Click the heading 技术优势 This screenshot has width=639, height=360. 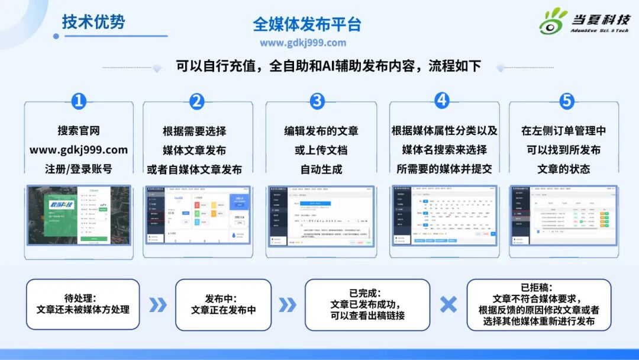93,22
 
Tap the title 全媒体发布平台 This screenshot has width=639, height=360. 306,24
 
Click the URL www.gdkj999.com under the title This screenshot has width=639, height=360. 302,43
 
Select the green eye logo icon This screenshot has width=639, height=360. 553,22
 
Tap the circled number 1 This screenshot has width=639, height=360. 79,101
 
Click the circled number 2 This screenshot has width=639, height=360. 197,101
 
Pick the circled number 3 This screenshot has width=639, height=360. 318,101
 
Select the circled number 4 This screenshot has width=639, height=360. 442,101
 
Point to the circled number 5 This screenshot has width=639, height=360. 566,101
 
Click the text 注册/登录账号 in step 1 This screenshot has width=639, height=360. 79,169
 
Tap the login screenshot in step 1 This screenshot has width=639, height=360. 79,214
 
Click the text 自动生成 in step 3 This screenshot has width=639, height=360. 321,169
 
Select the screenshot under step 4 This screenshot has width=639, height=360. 444,214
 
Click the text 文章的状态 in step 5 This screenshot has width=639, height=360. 564,169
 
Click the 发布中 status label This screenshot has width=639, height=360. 223,298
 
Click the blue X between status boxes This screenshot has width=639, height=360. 448,304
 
